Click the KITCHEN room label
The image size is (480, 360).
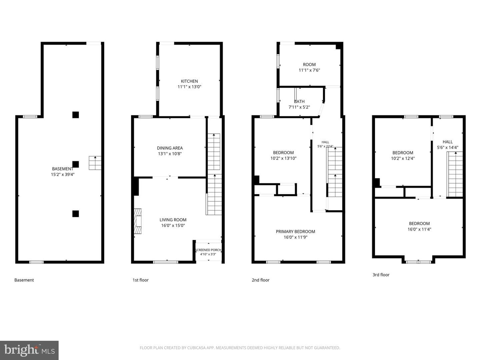click(x=189, y=81)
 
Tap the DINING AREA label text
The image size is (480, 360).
click(x=170, y=148)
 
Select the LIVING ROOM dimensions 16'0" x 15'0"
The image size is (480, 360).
click(x=173, y=225)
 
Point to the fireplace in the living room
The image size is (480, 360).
click(x=138, y=221)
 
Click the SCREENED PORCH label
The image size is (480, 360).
click(x=208, y=250)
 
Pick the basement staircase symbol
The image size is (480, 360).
click(x=95, y=163)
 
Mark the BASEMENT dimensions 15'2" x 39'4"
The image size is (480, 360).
click(x=63, y=174)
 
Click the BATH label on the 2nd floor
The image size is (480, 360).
click(x=299, y=101)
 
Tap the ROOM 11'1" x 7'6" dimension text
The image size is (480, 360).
click(x=309, y=70)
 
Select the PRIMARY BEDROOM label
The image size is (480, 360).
click(x=295, y=231)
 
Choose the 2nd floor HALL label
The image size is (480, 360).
click(x=325, y=142)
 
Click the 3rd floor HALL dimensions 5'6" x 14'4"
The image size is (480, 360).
click(x=448, y=148)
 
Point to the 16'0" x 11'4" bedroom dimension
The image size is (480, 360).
click(x=419, y=229)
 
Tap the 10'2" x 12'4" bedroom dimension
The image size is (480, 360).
click(x=403, y=158)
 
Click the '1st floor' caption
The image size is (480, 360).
click(x=140, y=280)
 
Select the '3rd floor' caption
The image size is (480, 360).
click(x=381, y=275)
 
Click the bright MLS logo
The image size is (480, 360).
click(x=29, y=350)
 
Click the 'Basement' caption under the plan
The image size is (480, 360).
click(x=24, y=280)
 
